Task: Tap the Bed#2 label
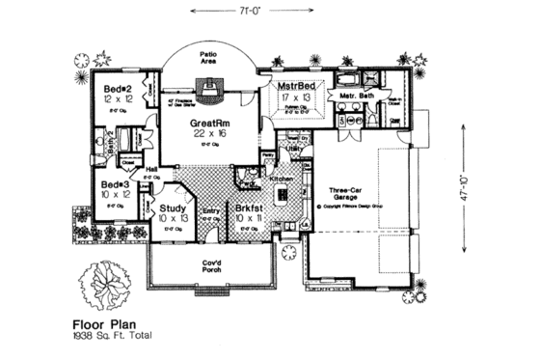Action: click(118, 89)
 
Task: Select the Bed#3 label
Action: click(115, 183)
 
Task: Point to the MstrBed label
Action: click(298, 86)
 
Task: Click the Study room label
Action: click(174, 207)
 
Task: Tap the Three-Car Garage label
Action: click(346, 192)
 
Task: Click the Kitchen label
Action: click(281, 180)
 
